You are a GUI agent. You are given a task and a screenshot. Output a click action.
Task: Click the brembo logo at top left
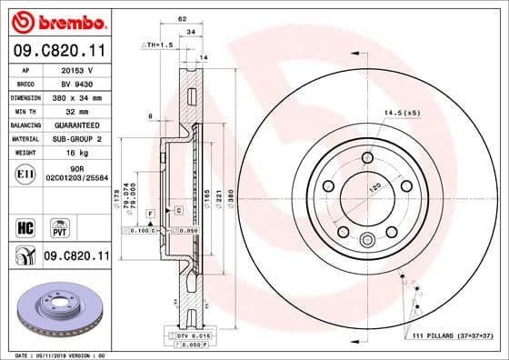[x=56, y=20]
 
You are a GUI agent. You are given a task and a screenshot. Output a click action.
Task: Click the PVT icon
[x=56, y=225]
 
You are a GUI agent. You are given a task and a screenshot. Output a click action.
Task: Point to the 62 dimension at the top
[x=182, y=18]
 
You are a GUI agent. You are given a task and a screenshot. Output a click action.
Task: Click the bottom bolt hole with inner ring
[x=367, y=240]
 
